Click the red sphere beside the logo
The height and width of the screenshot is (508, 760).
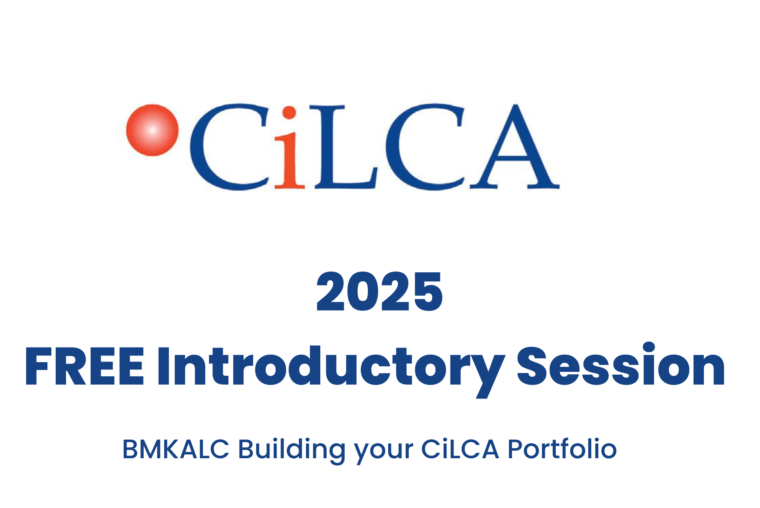click(152, 130)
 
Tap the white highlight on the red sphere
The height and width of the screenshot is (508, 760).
click(152, 130)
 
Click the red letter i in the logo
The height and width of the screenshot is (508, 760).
click(289, 147)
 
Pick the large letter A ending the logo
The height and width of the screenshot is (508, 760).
click(515, 146)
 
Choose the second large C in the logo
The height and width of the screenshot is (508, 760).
click(425, 147)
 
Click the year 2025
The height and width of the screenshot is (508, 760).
click(379, 292)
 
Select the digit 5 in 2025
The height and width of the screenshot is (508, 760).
click(427, 292)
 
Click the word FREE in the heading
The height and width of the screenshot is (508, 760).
click(84, 366)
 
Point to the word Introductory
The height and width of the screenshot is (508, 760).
click(331, 371)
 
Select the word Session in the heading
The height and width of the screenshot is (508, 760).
click(621, 365)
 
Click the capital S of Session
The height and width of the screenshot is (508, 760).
click(532, 366)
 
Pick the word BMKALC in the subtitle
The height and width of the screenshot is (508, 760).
click(175, 449)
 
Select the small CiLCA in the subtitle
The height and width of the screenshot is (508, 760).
click(460, 449)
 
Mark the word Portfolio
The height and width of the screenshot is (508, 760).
click(562, 449)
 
